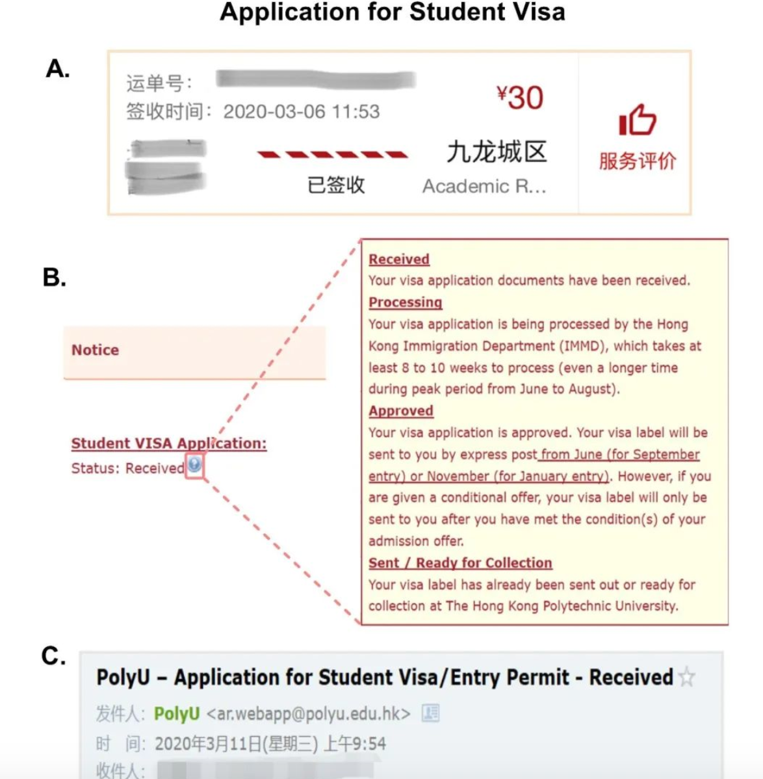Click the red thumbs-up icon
tap(637, 120)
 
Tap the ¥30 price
tap(519, 98)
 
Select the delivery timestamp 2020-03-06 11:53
tap(301, 112)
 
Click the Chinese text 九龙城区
tap(497, 152)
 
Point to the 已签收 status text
tap(335, 185)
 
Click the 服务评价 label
tap(637, 161)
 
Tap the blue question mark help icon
tap(194, 464)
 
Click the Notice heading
tap(95, 350)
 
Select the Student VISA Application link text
tap(169, 443)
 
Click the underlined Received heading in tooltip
tap(399, 259)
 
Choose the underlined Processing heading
tap(405, 302)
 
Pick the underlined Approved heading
tap(401, 411)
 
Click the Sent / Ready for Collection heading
tap(460, 563)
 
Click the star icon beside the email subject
tap(686, 678)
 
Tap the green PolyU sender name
tap(177, 714)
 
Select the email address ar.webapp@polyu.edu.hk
tap(309, 714)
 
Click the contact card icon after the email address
tap(430, 713)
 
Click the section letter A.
tap(57, 68)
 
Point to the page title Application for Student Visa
tap(393, 12)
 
